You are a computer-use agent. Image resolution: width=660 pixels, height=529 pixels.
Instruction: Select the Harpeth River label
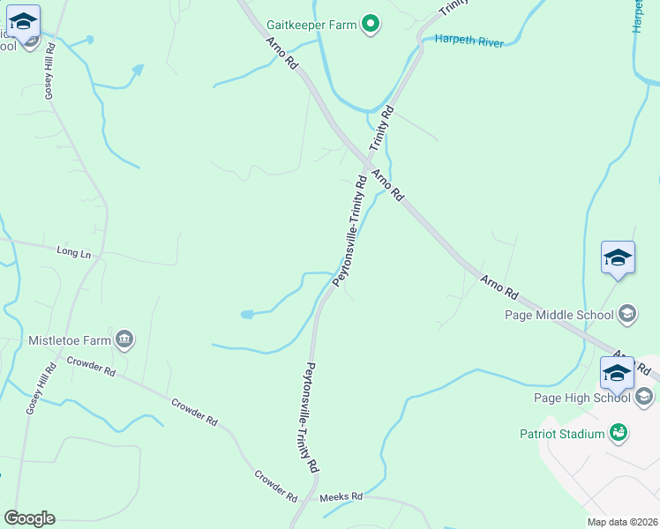pos(467,41)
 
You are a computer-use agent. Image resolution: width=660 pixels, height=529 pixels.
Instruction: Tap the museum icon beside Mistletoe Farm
pos(124,339)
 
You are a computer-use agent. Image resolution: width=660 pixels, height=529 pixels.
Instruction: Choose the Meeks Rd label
pos(341,497)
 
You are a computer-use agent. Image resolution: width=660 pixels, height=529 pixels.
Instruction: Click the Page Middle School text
pos(559,315)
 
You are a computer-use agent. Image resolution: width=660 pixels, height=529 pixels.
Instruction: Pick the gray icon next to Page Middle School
pos(627,314)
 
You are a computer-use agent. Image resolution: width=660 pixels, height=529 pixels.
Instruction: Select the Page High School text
pos(581,398)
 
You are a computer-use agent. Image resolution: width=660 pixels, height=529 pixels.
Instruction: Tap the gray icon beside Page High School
pos(645,398)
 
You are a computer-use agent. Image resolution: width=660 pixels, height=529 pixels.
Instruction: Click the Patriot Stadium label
pos(561,434)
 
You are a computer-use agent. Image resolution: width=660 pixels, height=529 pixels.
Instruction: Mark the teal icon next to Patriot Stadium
pos(619,433)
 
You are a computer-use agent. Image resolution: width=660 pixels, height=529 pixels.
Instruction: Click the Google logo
pos(29,518)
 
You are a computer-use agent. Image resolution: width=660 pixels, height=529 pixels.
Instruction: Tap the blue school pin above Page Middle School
pos(618,258)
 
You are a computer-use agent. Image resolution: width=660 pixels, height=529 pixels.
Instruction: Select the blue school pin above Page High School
pos(618,373)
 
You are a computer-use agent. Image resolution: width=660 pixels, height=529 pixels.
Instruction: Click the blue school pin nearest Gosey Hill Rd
pos(23,23)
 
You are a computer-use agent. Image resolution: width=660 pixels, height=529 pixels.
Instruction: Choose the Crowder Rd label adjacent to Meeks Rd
pos(275,487)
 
